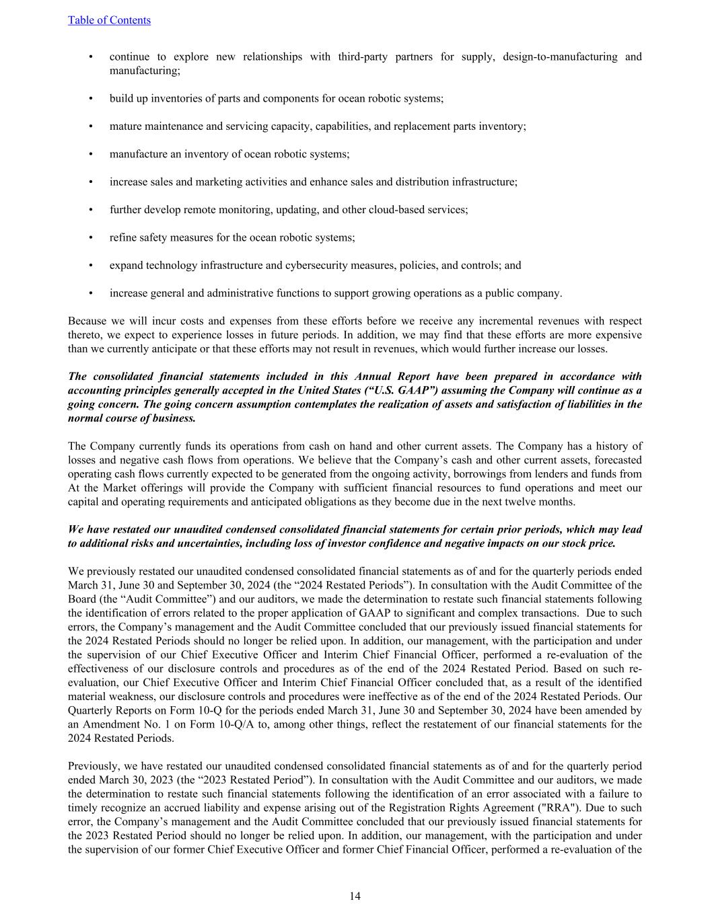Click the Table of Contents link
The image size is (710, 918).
(109, 20)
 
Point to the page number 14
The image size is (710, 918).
(355, 896)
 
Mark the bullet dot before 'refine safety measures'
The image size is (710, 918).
(91, 237)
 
